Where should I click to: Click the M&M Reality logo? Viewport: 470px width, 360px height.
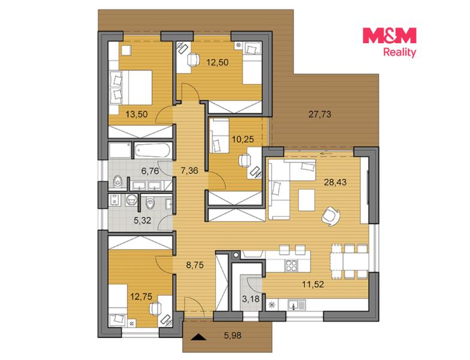[x=390, y=42]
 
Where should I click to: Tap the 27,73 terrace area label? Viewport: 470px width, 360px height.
[x=320, y=114]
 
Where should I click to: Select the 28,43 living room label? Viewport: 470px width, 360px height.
[x=335, y=182]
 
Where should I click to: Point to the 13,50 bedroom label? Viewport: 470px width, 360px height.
[x=137, y=114]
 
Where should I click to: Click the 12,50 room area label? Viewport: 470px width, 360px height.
[x=218, y=62]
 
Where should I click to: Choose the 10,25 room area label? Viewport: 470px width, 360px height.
[x=243, y=139]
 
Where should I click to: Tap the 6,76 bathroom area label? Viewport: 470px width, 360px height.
[x=150, y=170]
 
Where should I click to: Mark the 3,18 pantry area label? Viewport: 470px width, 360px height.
[x=251, y=299]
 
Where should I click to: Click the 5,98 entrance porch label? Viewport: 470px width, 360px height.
[x=233, y=335]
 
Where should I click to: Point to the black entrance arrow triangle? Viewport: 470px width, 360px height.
[x=199, y=337]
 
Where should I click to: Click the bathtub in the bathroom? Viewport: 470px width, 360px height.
[x=152, y=150]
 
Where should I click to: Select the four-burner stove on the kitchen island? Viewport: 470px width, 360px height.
[x=291, y=265]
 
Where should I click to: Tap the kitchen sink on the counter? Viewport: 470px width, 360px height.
[x=296, y=305]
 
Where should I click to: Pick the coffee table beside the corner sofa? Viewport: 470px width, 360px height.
[x=307, y=200]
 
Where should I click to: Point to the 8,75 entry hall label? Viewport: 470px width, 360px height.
[x=195, y=265]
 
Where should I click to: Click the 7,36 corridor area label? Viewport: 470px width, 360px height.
[x=189, y=170]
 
